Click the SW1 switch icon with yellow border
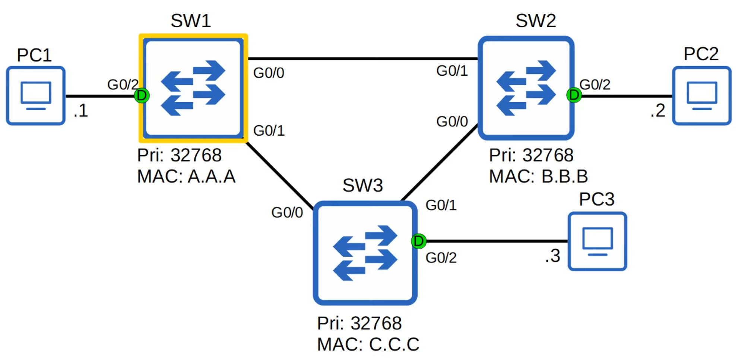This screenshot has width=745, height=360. pos(193,88)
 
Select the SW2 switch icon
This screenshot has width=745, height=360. pos(526,88)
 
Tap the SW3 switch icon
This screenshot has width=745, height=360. pos(365,253)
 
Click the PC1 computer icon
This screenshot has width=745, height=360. pos(36,96)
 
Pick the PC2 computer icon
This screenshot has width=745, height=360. pos(702,96)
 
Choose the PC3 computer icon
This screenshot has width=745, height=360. pos(597,241)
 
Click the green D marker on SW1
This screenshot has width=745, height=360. pos(142,96)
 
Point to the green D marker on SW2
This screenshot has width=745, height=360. pos(574,95)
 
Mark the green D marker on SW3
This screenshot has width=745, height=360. pos(419,241)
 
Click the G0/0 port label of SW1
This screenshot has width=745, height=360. pos(269,73)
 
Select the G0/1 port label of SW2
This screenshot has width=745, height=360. pos(452,71)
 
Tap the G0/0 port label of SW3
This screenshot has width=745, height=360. pos(287,213)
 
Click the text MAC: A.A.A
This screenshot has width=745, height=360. pos(186,176)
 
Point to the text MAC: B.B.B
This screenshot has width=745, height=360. pos(538,176)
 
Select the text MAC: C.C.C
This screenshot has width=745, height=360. pos(368,344)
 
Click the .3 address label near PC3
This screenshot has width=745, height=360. pos(552,256)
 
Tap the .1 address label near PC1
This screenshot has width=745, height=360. pos(80,111)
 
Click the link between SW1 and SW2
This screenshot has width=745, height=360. pos(362,59)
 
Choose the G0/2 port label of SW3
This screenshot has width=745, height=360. pos(441,258)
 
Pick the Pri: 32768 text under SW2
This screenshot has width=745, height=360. pos(531,155)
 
